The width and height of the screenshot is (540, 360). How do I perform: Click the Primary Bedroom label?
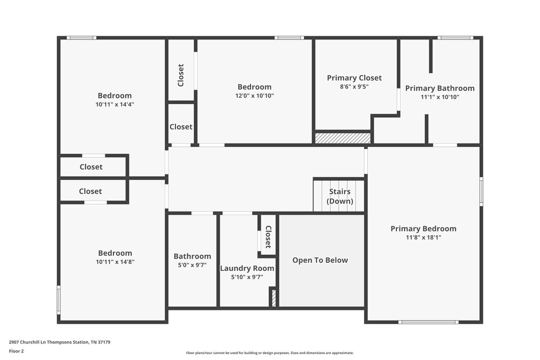(423, 229)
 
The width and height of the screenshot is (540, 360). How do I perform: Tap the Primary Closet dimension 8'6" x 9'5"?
(354, 86)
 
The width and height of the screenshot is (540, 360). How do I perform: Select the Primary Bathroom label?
(440, 89)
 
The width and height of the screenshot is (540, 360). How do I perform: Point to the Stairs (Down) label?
(340, 196)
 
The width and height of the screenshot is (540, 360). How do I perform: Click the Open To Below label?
(320, 260)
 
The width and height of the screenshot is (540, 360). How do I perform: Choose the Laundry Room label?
(247, 268)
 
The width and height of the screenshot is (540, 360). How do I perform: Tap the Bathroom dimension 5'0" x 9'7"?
(192, 265)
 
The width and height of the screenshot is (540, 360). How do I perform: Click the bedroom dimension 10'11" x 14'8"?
(115, 262)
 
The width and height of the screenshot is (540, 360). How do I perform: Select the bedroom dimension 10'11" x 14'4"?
(114, 104)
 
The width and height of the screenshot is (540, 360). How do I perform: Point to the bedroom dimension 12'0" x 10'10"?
(254, 96)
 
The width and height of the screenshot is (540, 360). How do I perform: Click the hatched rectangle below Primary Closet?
(342, 138)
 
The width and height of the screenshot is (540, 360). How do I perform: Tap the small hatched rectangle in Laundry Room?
(274, 298)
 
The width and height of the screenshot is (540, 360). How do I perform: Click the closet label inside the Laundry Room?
(268, 236)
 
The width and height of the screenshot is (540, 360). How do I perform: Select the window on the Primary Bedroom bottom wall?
(428, 322)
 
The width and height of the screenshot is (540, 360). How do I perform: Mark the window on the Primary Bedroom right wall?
(481, 192)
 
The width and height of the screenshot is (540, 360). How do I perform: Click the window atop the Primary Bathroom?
(455, 38)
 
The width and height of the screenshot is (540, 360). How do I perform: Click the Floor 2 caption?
(16, 351)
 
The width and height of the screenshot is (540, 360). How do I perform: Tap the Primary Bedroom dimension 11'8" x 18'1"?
(423, 237)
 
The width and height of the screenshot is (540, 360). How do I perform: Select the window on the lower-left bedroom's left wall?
(59, 300)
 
